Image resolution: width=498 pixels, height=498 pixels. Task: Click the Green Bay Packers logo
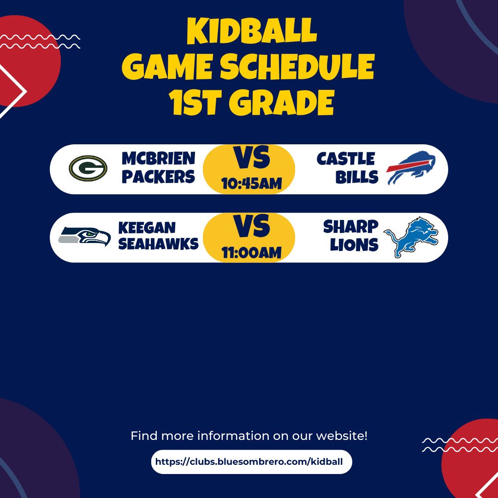[x=88, y=168]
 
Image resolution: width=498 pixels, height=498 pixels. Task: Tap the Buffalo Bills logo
[x=411, y=169]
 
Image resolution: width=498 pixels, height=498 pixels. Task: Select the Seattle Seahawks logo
[x=84, y=237]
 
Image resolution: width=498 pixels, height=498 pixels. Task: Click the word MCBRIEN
[x=158, y=159]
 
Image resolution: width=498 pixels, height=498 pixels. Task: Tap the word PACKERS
[x=158, y=177]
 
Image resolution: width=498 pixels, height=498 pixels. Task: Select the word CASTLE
[x=346, y=159]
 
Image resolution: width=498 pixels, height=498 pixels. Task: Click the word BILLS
[x=357, y=177]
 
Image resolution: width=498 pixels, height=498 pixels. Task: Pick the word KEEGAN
[x=147, y=227]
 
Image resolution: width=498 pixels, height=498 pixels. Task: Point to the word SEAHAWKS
[x=158, y=244]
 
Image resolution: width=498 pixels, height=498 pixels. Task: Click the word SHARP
[x=350, y=227]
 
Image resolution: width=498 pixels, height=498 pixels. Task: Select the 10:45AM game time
[x=251, y=184]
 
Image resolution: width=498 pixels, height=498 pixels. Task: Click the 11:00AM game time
[x=251, y=252]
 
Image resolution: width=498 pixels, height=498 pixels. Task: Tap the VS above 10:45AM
[x=251, y=159]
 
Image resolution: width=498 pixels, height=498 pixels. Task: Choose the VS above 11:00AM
[x=251, y=227]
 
